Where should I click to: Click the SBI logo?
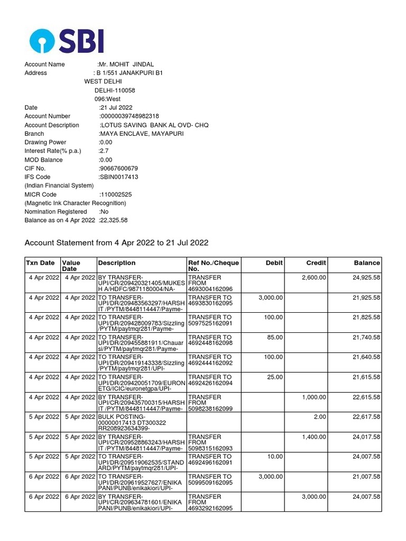[x=66, y=40]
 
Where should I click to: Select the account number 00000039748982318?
[x=129, y=116]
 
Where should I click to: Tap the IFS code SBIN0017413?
[x=118, y=177]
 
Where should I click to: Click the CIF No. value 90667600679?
[x=118, y=169]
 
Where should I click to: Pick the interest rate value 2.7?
[x=104, y=151]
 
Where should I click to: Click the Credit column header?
[x=316, y=263]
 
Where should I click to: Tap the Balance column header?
[x=367, y=263]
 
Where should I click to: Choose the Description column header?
[x=113, y=263]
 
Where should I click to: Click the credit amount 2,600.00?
[x=313, y=278]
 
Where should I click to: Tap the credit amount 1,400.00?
[x=313, y=437]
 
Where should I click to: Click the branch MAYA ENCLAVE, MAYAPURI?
[x=141, y=134]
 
